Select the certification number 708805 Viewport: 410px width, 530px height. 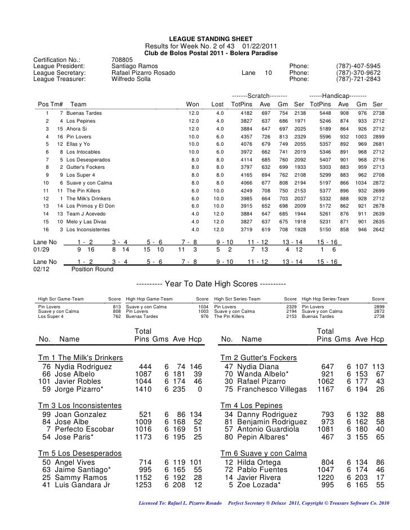tap(122, 59)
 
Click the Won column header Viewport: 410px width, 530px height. tap(193, 104)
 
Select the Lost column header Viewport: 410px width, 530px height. tap(217, 104)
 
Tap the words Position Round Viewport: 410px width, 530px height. tap(92, 269)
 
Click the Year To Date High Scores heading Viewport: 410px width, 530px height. tap(211, 283)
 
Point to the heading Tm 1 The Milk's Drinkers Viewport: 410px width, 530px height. tap(81, 358)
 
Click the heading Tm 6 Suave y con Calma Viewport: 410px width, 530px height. tap(263, 453)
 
